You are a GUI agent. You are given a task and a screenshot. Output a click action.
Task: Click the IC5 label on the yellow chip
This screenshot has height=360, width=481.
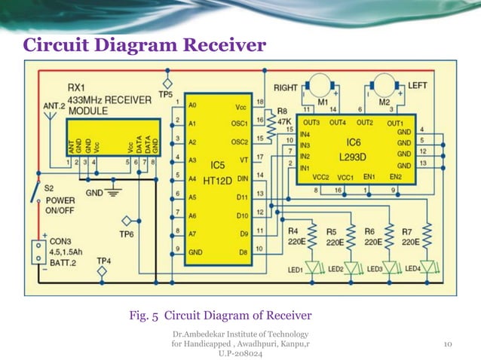coord(217,164)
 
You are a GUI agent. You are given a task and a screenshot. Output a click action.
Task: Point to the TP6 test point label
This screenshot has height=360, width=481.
coord(127,234)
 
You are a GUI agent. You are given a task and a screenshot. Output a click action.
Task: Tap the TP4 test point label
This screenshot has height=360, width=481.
coord(104,261)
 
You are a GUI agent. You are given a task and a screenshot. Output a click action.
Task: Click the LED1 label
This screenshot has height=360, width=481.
coord(294,269)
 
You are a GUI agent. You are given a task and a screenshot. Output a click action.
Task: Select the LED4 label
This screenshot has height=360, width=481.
coord(412,268)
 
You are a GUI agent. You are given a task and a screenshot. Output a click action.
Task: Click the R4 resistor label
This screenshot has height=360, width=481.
coord(293,230)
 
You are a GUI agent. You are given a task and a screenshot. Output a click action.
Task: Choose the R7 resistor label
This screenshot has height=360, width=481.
coord(407,230)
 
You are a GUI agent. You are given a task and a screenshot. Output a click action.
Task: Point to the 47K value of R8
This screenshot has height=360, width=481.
coord(285,121)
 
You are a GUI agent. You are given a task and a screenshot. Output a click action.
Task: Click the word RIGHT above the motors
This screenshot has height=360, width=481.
coord(286,87)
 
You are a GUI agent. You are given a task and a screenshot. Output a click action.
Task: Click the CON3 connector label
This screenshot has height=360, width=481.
coord(60,243)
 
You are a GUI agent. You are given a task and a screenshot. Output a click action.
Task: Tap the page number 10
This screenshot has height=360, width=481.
coord(447,344)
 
